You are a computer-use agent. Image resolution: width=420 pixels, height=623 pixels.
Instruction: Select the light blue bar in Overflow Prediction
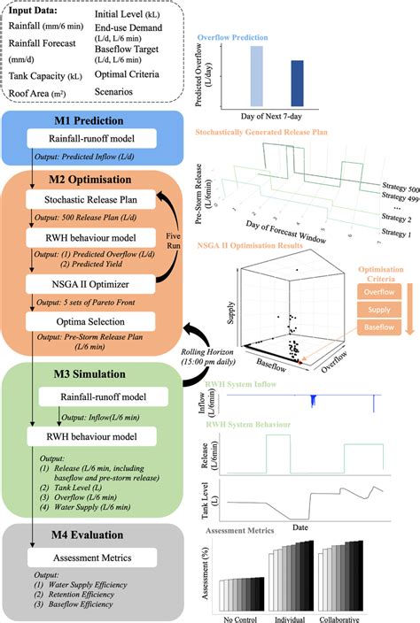click(257, 75)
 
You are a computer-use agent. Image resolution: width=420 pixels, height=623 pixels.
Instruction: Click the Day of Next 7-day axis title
click(278, 115)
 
